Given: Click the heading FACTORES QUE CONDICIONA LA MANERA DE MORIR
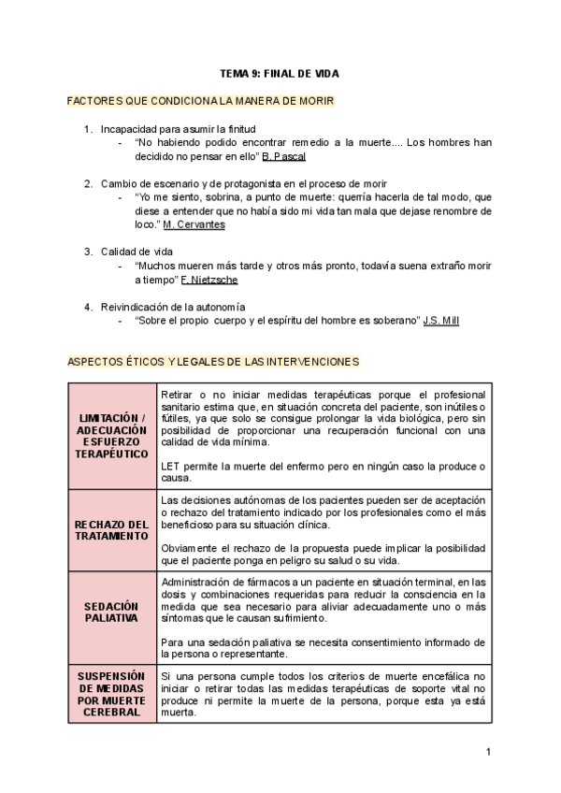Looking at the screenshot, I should click(200, 100).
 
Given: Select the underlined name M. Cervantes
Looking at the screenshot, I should click(194, 224).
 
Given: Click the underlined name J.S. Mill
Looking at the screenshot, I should click(441, 320).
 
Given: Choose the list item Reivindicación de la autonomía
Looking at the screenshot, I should click(173, 306).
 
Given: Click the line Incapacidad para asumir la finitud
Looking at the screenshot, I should click(178, 128).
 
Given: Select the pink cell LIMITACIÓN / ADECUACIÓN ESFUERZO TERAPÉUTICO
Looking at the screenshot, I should click(112, 434).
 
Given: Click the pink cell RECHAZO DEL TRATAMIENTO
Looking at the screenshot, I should click(112, 530).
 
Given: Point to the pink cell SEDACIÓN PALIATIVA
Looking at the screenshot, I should click(112, 613).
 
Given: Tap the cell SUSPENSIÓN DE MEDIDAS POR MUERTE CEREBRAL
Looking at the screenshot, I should click(112, 693).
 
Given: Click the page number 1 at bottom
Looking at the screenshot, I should click(488, 752).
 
